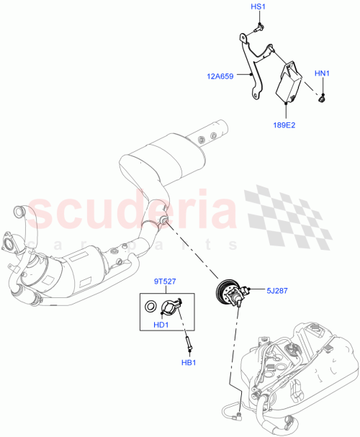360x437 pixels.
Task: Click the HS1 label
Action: click(x=258, y=6)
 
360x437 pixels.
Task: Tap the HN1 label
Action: click(x=322, y=73)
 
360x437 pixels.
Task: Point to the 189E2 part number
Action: click(x=283, y=125)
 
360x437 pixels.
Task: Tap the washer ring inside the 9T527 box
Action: click(x=149, y=308)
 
